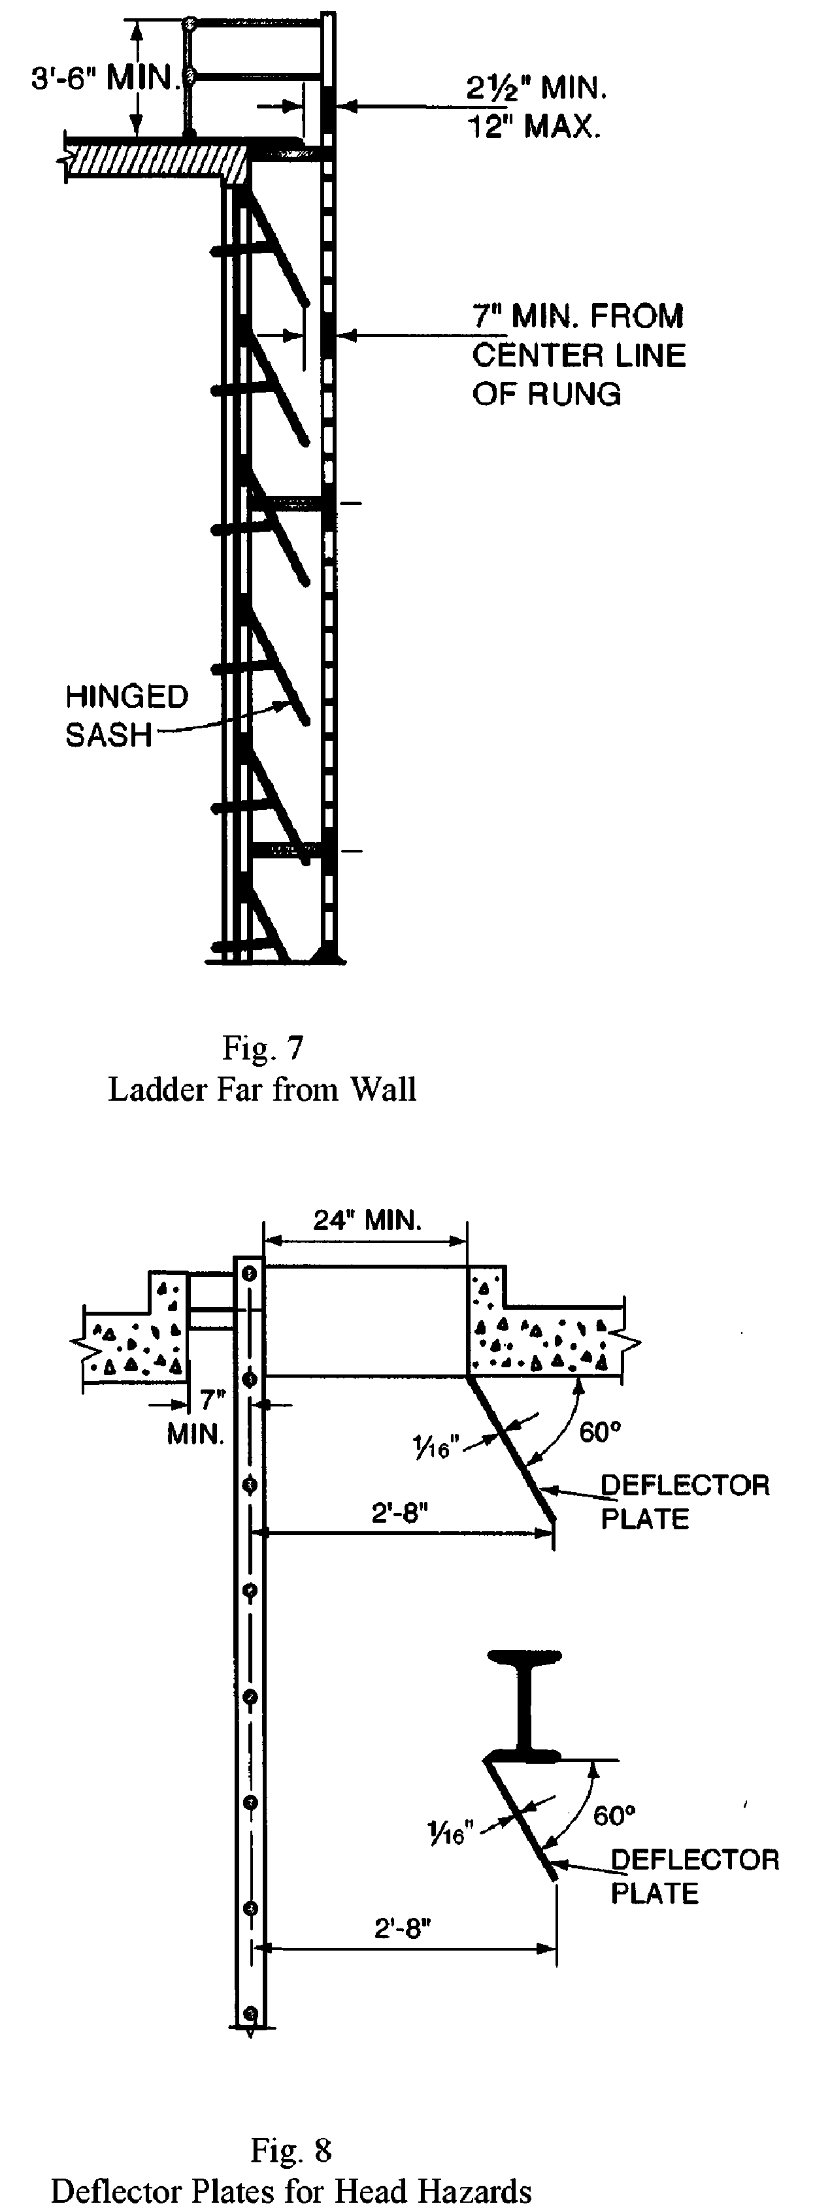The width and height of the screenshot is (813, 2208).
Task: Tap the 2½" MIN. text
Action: (x=536, y=88)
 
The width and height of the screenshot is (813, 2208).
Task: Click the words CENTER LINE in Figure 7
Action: (x=579, y=355)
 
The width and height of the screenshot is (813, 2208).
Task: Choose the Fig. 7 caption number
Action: (x=263, y=1047)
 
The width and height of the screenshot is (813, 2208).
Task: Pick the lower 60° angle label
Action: (x=614, y=1815)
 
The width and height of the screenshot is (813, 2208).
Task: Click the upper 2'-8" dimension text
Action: (x=400, y=1513)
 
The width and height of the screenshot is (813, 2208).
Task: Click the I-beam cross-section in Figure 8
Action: (x=522, y=1702)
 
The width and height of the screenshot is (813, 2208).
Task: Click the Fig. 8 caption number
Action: (x=291, y=2150)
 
